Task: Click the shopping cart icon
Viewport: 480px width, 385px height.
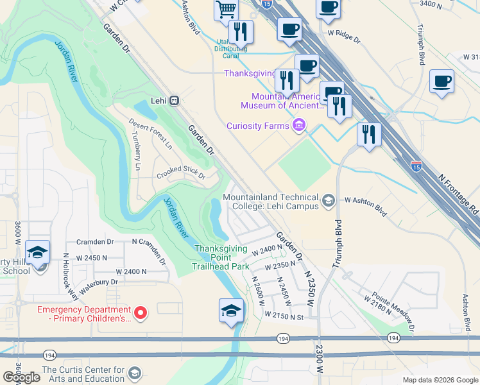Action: point(226,10)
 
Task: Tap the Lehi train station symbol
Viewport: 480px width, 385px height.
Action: point(175,101)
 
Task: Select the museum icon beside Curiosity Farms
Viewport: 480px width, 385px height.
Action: point(298,125)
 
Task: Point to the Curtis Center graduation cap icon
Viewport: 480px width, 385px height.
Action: point(135,373)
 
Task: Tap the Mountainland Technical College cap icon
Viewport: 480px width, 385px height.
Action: point(329,201)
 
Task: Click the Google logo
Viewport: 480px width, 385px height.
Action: point(21,377)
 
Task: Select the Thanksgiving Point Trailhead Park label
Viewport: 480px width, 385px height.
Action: point(221,257)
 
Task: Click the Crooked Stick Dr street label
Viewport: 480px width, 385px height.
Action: point(180,175)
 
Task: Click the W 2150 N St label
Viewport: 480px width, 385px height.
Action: point(283,316)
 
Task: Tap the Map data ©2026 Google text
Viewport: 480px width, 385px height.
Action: point(440,379)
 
